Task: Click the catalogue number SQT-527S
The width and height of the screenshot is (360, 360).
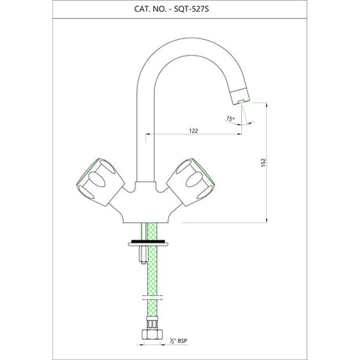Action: point(192,9)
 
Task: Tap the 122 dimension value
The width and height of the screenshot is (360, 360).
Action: point(193,131)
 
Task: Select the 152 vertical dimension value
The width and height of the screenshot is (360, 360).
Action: point(264,163)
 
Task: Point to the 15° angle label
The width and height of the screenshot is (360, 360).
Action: point(230,118)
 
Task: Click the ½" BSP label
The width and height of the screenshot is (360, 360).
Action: point(178,340)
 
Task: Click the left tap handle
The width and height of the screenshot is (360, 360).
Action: point(100,182)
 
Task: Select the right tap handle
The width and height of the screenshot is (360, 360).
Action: point(190,182)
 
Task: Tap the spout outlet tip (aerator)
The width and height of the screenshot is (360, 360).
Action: point(240,96)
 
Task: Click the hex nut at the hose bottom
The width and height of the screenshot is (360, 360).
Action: point(152,334)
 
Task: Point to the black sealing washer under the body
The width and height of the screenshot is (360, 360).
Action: point(148,241)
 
